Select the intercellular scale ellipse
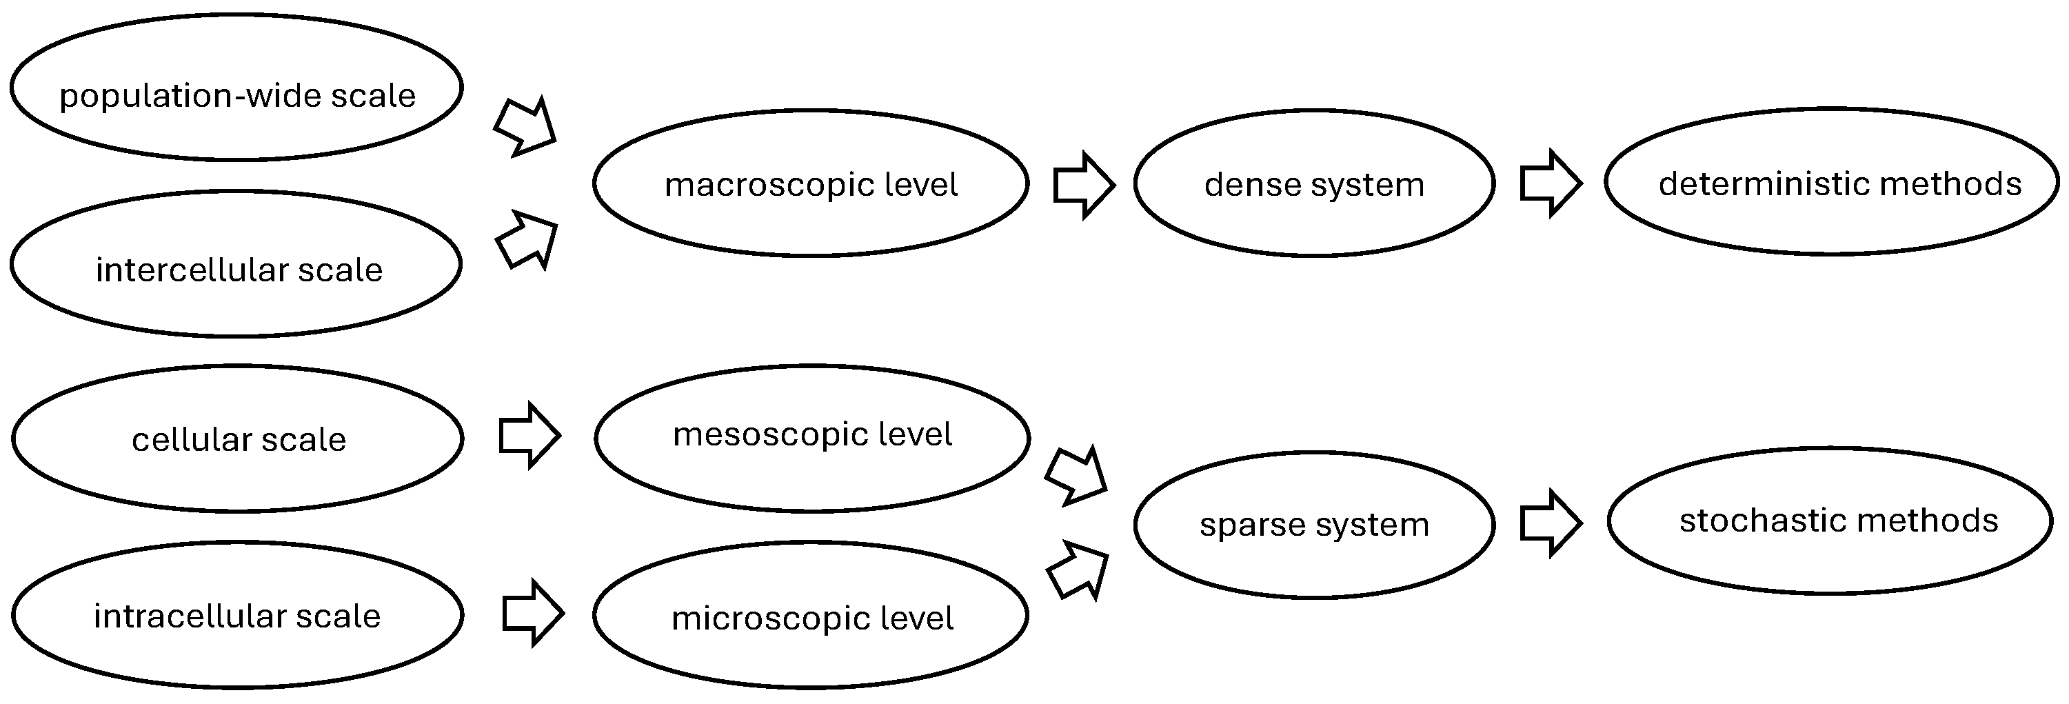coord(237,263)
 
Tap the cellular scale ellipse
coord(238,439)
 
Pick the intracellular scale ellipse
coord(238,615)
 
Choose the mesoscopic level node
coord(812,438)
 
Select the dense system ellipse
coord(1314,183)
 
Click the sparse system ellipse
coord(1314,524)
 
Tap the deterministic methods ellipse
coord(1832,181)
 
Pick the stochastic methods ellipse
coord(1830,521)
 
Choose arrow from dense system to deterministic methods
coord(1550,183)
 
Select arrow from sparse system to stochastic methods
coord(1550,524)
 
